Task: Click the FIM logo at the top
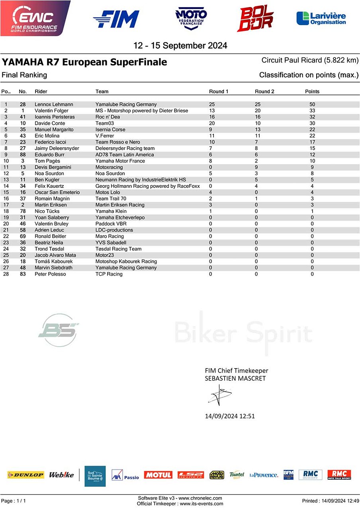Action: (x=116, y=19)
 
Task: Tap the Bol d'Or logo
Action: (x=255, y=18)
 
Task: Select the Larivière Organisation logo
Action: (x=321, y=18)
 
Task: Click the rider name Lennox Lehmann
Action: (x=54, y=104)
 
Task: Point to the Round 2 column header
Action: (x=264, y=92)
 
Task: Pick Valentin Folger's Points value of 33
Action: (x=312, y=111)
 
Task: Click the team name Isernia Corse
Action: (x=110, y=129)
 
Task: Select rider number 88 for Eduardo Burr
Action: (x=23, y=155)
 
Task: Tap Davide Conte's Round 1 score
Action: (x=212, y=123)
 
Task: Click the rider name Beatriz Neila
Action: (x=49, y=243)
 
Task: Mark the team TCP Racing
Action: (x=109, y=274)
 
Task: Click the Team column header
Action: (x=102, y=92)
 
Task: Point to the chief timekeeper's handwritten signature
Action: (x=219, y=395)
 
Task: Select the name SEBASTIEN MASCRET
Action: (x=235, y=379)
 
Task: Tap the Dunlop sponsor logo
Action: (x=25, y=475)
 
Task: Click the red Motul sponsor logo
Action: (x=158, y=475)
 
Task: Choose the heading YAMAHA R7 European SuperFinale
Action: (x=84, y=62)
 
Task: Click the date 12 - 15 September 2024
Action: (x=180, y=45)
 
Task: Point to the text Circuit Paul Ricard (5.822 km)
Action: (x=310, y=61)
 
